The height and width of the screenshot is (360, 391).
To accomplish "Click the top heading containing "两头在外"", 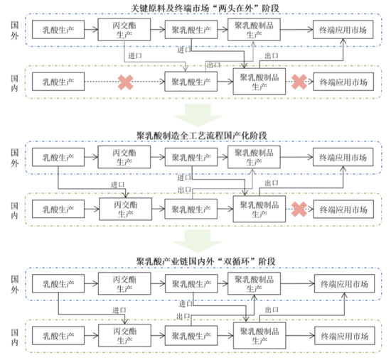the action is [x=205, y=9].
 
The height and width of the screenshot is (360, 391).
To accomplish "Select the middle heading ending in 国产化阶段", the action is [x=202, y=136].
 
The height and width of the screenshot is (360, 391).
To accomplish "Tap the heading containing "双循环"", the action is [x=205, y=261].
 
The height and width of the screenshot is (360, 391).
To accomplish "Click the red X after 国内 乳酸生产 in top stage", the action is [x=125, y=82].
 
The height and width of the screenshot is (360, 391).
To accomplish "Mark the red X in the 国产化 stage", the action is [x=299, y=209].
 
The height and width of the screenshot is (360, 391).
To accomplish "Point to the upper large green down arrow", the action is [x=198, y=115].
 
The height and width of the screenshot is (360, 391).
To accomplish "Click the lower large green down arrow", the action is [x=198, y=241].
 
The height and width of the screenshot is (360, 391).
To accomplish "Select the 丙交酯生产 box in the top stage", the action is [x=124, y=30].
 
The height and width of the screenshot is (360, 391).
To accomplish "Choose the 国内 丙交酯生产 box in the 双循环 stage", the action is [x=124, y=335].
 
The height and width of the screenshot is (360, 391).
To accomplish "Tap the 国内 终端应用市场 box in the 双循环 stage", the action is [x=345, y=336].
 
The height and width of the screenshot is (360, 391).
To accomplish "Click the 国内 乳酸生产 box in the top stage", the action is [x=58, y=82].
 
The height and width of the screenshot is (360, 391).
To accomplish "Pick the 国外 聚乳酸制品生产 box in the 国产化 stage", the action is [x=254, y=157].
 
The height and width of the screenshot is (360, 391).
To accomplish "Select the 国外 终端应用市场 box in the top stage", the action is [x=343, y=30].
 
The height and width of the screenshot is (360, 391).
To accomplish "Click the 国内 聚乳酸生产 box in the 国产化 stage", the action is [x=191, y=209].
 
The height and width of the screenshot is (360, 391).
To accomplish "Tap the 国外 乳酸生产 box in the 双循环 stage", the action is [x=58, y=283].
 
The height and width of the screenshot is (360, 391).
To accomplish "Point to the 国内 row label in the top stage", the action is [x=14, y=83].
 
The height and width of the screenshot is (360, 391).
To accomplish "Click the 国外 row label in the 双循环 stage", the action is [x=15, y=284].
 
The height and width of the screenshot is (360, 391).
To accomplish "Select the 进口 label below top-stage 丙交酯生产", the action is [x=135, y=56].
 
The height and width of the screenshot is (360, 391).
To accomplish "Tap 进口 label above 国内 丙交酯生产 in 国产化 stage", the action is [x=117, y=185].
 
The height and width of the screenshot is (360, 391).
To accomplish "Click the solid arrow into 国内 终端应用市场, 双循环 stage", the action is [x=300, y=336].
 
